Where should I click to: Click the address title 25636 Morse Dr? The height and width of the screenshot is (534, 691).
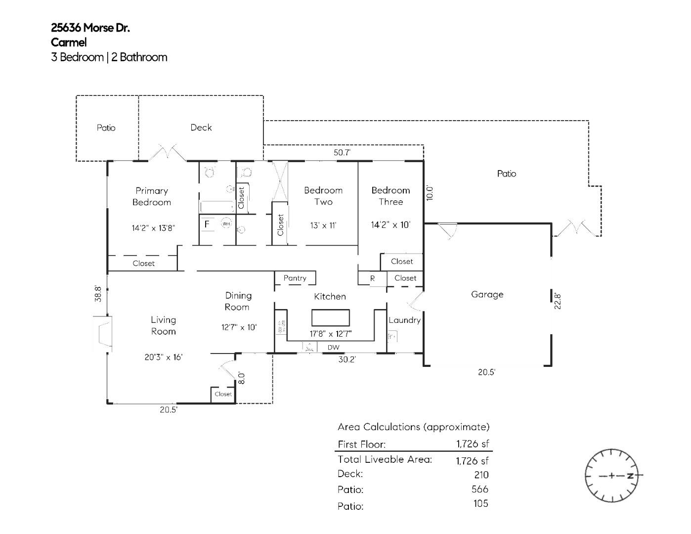[90, 28]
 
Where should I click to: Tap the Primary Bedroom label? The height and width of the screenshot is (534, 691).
[152, 196]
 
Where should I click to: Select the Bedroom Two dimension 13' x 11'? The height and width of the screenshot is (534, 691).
[323, 225]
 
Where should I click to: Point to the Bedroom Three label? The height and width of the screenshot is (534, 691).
[390, 196]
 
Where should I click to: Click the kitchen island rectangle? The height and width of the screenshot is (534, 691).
[330, 317]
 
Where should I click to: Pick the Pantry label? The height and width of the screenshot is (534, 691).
[295, 278]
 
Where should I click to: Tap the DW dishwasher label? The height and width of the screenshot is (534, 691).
[334, 348]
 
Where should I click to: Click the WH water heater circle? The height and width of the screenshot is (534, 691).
[226, 224]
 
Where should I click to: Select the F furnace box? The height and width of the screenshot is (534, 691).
[207, 224]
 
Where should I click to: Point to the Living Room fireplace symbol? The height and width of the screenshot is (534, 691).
[103, 334]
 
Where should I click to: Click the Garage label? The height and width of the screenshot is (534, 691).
[487, 294]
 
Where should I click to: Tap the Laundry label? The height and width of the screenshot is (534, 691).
[404, 320]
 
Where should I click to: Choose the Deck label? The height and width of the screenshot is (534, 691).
[201, 128]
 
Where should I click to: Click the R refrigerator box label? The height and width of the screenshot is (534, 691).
[372, 278]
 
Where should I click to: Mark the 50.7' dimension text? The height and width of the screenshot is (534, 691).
[342, 153]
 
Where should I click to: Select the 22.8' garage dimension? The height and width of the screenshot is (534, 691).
[558, 301]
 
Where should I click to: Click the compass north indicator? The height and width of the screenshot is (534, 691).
[630, 476]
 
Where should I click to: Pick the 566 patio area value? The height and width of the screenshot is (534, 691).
[479, 489]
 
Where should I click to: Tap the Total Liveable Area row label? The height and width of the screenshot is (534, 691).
[385, 459]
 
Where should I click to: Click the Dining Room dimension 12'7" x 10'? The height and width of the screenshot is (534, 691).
[239, 327]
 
